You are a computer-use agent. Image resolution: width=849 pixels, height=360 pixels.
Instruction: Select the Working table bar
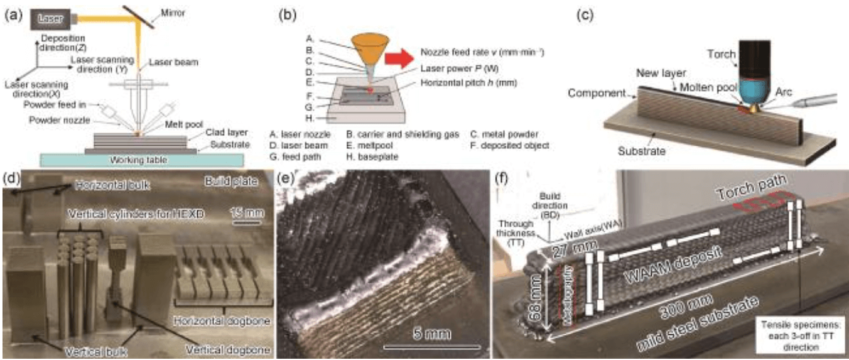(x=141, y=160)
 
